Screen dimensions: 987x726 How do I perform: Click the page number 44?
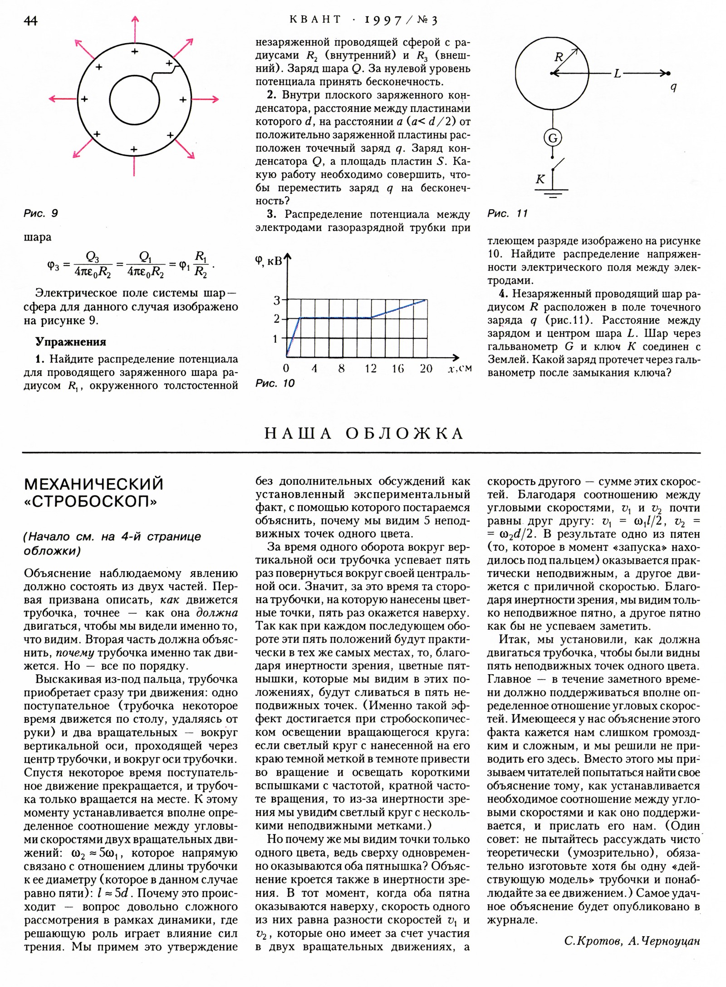31,20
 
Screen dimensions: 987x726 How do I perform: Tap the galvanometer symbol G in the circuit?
553,138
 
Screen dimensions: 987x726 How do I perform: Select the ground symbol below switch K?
552,192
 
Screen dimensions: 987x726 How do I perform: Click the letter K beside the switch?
540,179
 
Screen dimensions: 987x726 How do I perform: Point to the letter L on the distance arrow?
617,73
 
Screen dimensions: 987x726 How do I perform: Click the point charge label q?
674,87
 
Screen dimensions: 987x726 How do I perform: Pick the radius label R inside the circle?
559,58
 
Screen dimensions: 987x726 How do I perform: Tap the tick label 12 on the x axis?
370,368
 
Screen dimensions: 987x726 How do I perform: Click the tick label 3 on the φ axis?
277,300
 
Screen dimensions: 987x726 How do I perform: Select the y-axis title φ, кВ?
269,261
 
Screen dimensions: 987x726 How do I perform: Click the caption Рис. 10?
275,383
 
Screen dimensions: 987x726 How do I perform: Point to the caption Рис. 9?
41,213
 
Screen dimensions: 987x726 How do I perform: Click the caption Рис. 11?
507,213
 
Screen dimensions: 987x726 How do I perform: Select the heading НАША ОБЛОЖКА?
363,433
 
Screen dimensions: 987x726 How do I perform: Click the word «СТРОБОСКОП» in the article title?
91,502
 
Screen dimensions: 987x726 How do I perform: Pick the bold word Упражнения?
71,341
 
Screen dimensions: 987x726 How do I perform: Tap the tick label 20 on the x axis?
426,368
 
